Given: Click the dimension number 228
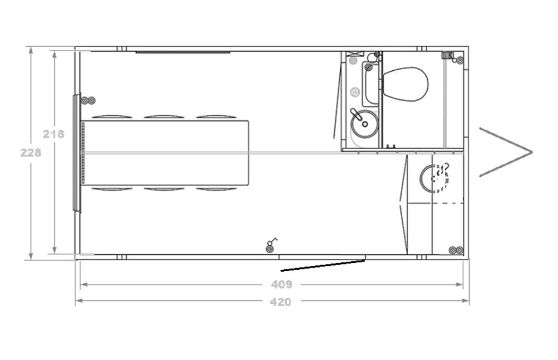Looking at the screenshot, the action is [31, 153].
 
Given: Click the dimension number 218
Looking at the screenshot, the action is [53, 134].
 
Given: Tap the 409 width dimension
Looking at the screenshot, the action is [281, 284].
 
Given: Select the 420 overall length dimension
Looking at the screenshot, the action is [281, 302].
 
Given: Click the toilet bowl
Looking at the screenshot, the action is [405, 84].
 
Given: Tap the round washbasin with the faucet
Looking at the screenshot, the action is [364, 123].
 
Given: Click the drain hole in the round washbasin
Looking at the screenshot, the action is [365, 124].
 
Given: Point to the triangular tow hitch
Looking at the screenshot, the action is [505, 152].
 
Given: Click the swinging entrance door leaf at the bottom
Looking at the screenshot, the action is [323, 265].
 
